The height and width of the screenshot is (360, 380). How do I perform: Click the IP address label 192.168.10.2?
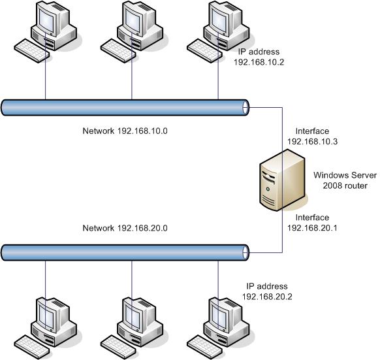click(259, 57)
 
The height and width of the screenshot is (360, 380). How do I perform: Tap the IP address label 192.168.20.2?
click(267, 291)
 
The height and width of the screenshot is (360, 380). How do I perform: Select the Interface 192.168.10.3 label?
click(312, 136)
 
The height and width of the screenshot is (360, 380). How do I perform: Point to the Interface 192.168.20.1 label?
click(312, 222)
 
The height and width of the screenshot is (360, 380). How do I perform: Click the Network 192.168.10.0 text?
click(125, 131)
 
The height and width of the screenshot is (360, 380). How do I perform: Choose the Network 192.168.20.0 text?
click(125, 228)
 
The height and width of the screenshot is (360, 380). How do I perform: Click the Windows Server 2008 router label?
click(345, 180)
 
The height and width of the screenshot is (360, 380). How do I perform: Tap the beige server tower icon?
click(282, 180)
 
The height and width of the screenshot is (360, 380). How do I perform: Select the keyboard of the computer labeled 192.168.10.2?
click(204, 51)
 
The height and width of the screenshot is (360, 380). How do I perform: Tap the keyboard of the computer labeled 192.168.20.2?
click(204, 347)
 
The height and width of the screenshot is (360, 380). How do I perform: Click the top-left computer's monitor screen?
click(46, 20)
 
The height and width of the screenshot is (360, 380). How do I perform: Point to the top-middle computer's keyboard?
click(118, 51)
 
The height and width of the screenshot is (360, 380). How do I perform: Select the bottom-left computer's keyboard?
click(32, 347)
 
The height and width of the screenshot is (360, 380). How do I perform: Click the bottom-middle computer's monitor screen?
click(133, 316)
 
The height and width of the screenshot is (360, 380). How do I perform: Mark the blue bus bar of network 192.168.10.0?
click(125, 107)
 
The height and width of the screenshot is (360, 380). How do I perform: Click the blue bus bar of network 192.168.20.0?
click(125, 253)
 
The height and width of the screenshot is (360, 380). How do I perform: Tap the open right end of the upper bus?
click(245, 107)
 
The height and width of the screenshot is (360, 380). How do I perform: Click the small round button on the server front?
click(268, 189)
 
